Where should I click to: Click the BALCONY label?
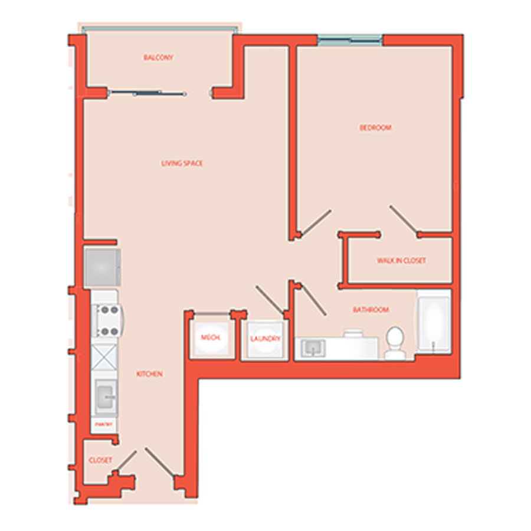coord(158,58)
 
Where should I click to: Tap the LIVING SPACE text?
coord(182,163)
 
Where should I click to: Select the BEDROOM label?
coord(376,128)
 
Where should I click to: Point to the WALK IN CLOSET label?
coord(401,261)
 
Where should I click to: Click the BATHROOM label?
coord(371,310)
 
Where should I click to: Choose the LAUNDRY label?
coord(264,339)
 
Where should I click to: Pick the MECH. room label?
coord(211,338)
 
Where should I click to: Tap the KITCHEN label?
coord(149,375)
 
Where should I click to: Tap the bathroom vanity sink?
coord(311,348)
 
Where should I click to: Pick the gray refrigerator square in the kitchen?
coord(103,266)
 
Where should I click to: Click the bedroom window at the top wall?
coord(349,40)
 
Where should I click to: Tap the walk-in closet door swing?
coord(404,219)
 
